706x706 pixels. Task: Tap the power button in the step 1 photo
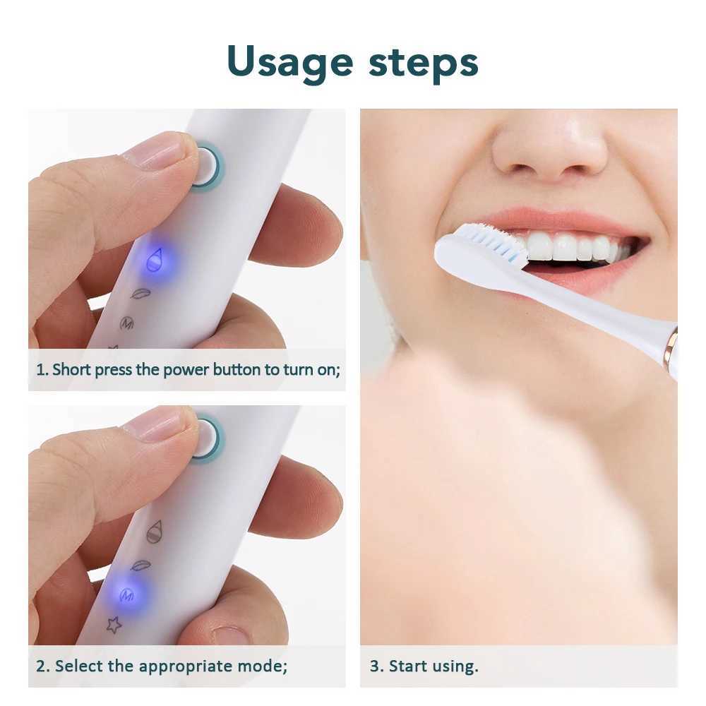point(206,167)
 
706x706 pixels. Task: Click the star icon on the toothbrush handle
point(114,624)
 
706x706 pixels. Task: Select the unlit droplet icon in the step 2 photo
point(154,531)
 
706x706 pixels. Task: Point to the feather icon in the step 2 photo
point(140,566)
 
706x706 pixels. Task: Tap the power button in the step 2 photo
point(205,438)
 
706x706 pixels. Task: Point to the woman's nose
point(547,148)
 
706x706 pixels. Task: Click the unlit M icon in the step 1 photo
point(127,323)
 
